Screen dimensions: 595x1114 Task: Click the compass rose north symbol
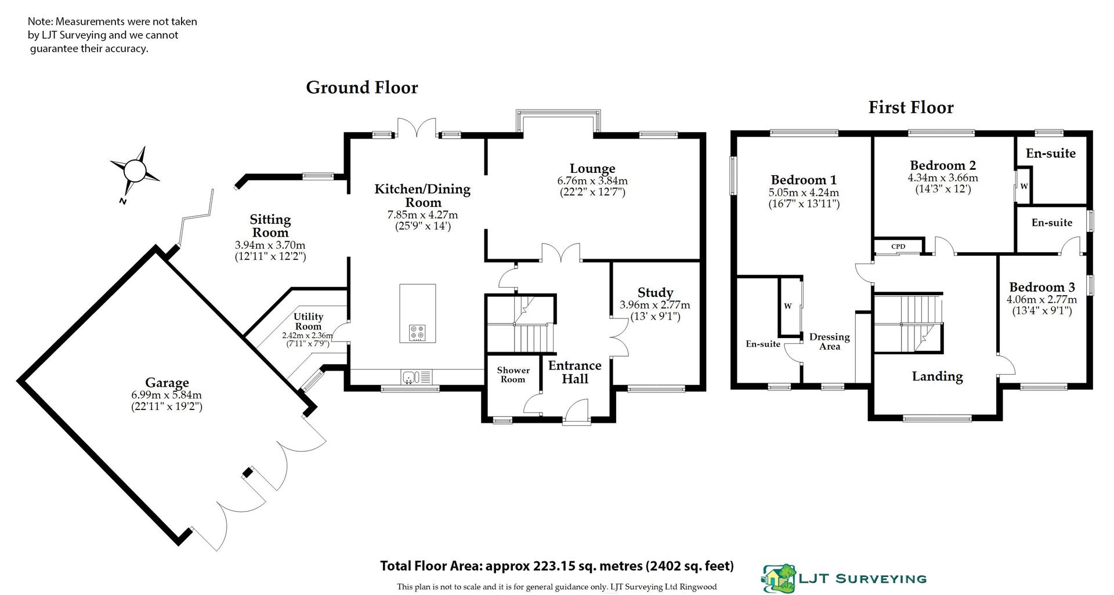pos(135,171)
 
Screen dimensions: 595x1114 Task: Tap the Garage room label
pos(167,383)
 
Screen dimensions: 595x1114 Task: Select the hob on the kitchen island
pos(417,332)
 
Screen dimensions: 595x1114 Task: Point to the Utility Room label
pos(308,321)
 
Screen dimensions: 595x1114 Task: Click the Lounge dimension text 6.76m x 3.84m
pos(592,181)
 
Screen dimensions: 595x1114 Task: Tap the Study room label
pos(655,292)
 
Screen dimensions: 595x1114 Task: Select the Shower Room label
pos(513,375)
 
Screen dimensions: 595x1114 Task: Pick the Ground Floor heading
pos(361,88)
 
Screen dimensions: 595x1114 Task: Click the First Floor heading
pos(910,107)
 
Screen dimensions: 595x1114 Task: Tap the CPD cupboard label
pos(898,246)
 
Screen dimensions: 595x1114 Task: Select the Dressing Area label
pos(829,342)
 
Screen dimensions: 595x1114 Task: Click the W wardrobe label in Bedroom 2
pos(1024,186)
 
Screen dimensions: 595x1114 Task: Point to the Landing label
pos(937,376)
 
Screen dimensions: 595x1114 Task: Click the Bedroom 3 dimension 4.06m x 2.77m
pos(1041,300)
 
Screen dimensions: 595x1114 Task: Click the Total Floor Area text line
pos(556,566)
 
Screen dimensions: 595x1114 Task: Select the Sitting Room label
pos(270,226)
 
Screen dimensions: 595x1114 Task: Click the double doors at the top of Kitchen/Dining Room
pos(416,128)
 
